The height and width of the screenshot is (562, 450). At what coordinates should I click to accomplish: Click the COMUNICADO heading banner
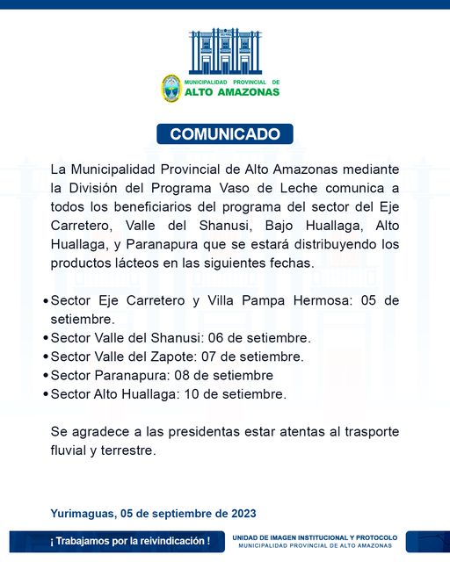click(225, 134)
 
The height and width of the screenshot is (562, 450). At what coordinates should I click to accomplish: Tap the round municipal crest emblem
click(171, 88)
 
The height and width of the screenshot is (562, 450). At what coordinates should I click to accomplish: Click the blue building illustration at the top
click(225, 51)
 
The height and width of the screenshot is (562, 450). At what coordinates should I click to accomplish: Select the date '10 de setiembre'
click(243, 394)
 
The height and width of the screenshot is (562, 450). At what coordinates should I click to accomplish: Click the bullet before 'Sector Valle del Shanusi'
click(46, 338)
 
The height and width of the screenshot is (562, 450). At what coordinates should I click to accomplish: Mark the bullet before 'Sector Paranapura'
click(46, 376)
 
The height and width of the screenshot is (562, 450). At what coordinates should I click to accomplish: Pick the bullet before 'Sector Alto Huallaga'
click(46, 395)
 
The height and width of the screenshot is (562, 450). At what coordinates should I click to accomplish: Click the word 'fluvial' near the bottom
click(70, 450)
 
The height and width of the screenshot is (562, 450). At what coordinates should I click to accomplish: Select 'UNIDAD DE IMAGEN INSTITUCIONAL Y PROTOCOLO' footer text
click(315, 537)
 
